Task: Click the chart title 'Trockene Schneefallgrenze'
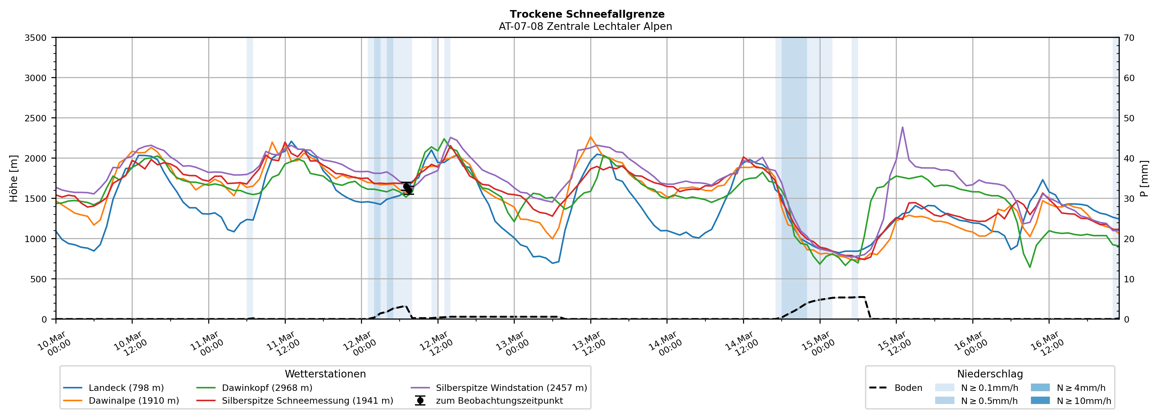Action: (587, 14)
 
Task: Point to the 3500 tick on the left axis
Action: (36, 38)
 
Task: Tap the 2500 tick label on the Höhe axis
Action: (36, 118)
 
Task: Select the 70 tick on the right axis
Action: (1129, 38)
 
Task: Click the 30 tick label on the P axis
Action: (1129, 199)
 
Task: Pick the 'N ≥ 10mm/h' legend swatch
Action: (1040, 400)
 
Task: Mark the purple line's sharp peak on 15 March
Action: (903, 127)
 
